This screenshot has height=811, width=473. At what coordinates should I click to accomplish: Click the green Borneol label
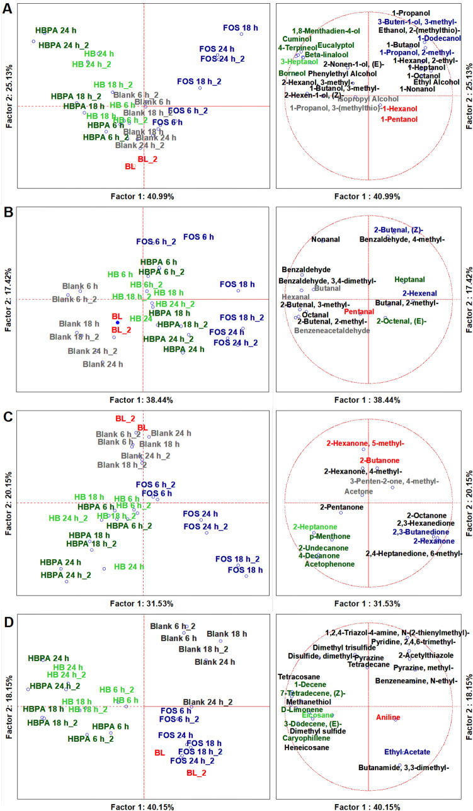(x=292, y=73)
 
